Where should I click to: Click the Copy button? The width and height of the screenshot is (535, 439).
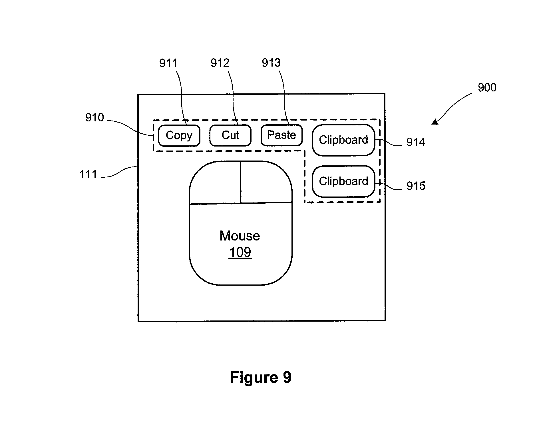click(x=179, y=135)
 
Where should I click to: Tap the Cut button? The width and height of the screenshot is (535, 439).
click(x=230, y=135)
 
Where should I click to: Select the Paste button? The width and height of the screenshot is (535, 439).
click(x=281, y=135)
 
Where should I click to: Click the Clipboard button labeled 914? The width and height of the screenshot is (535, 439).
click(x=343, y=140)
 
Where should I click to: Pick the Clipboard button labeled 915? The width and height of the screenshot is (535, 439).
click(x=343, y=181)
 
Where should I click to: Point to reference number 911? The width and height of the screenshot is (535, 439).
click(x=168, y=63)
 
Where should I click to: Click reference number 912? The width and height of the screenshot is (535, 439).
click(x=220, y=63)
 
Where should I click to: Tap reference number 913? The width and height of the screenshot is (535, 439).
click(x=271, y=63)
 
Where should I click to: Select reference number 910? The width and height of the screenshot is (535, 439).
click(x=94, y=118)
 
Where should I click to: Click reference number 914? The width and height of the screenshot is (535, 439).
click(x=416, y=142)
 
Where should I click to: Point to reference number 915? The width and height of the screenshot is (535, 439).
click(x=416, y=186)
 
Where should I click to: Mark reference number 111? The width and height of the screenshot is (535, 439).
click(x=88, y=174)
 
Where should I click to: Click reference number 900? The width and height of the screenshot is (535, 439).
click(x=487, y=87)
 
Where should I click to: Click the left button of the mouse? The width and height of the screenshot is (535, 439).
click(x=215, y=183)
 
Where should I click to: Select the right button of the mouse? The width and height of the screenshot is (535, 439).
click(x=266, y=182)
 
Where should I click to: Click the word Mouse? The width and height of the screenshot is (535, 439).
click(x=240, y=236)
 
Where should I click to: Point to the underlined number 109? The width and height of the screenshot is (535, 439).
click(x=240, y=252)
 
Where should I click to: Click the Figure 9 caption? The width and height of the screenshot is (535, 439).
click(x=261, y=378)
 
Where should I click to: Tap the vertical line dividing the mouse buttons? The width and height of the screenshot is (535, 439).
click(x=241, y=182)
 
